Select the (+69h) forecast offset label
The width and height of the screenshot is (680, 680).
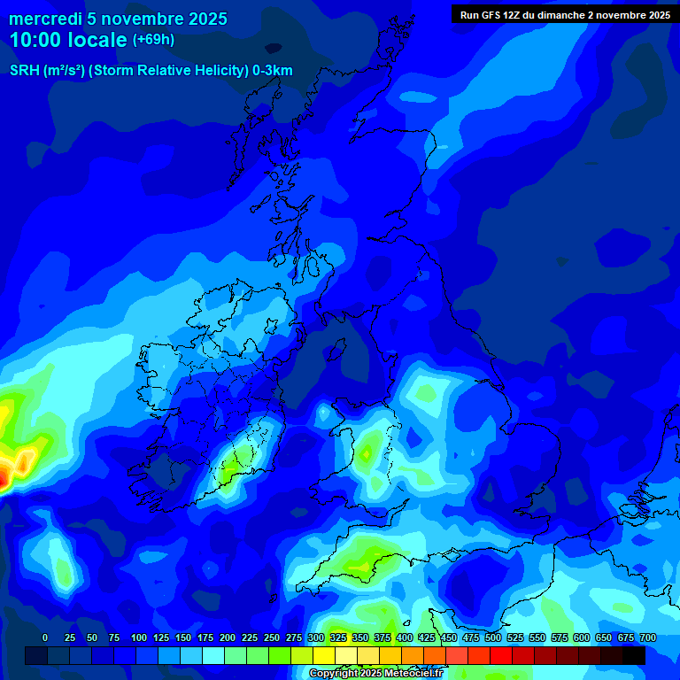pyautogui.click(x=153, y=40)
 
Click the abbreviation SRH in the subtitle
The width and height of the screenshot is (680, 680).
pyautogui.click(x=25, y=71)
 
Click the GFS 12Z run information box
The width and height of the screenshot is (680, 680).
pyautogui.click(x=565, y=15)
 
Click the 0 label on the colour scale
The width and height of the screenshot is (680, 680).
pyautogui.click(x=45, y=637)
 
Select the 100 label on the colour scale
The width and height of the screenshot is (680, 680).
pyautogui.click(x=139, y=637)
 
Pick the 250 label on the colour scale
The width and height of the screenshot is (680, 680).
pyautogui.click(x=272, y=637)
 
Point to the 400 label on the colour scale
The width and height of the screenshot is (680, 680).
pyautogui.click(x=405, y=637)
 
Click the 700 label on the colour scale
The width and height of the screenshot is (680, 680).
pyautogui.click(x=648, y=637)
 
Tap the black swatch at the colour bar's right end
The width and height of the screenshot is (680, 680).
pyautogui.click(x=634, y=655)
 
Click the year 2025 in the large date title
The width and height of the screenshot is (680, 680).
pyautogui.click(x=202, y=19)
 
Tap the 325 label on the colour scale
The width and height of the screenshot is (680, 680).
pyautogui.click(x=338, y=637)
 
